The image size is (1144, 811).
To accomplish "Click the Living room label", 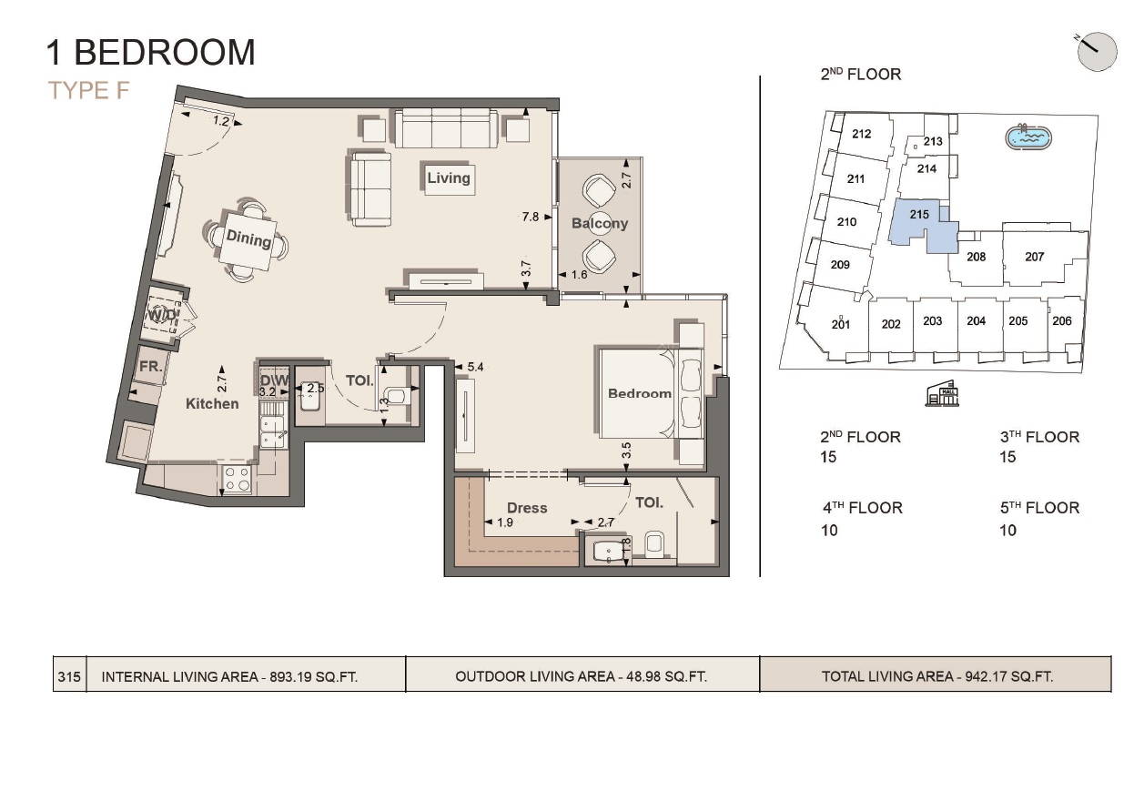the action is (x=449, y=177).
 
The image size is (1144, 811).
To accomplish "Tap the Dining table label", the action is (x=248, y=238).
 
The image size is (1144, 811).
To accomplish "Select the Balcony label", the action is (x=600, y=223).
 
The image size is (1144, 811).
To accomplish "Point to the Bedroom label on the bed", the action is (x=640, y=393).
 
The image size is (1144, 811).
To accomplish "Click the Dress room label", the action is (x=527, y=508).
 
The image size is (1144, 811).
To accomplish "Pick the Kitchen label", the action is (x=212, y=403).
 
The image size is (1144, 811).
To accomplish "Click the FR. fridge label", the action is (x=151, y=366).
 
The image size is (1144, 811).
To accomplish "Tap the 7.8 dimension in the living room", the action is (x=531, y=217).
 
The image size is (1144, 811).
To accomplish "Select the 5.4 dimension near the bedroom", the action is (x=475, y=367).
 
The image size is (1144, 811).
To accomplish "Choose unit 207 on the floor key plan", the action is (x=1035, y=257).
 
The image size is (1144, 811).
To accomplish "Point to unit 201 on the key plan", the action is (x=840, y=324).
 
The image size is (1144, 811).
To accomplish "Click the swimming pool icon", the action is (x=1028, y=137).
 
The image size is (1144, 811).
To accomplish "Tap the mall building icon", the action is (x=942, y=394).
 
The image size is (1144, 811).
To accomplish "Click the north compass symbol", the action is (x=1097, y=53).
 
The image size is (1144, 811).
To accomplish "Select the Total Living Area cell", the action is (x=936, y=675).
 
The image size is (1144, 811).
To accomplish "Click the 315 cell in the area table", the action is (x=69, y=676).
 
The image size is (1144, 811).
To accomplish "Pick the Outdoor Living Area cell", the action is (x=582, y=675).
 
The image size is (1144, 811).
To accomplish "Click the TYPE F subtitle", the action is (x=88, y=90).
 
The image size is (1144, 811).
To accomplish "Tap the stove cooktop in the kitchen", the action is (x=238, y=479).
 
